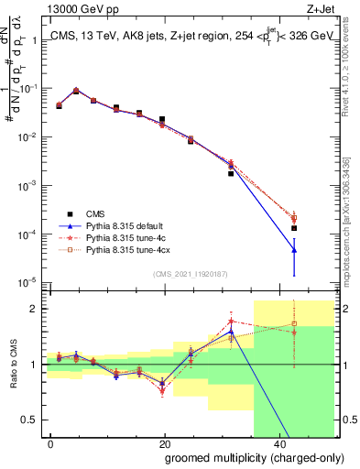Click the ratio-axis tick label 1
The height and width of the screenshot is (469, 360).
[36, 365]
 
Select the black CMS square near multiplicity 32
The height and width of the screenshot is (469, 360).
[231, 173]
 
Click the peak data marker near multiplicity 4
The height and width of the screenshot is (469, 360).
[76, 91]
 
